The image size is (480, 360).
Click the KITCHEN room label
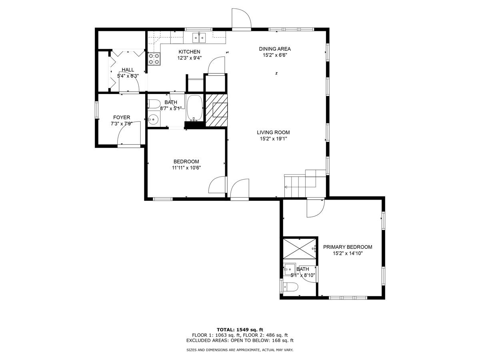[x=189, y=52]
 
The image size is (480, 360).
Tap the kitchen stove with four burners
[x=154, y=59]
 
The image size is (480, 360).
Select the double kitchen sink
[x=199, y=38]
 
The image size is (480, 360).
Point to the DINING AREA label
[x=275, y=49]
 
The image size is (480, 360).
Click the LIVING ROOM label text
[x=273, y=132]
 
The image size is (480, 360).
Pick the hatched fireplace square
[x=216, y=110]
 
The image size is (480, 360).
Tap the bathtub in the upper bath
[x=194, y=108]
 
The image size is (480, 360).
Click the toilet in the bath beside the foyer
[x=153, y=104]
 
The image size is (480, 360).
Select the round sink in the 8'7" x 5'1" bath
[x=153, y=119]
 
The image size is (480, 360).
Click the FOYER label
[x=122, y=117]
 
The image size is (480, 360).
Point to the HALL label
[x=128, y=70]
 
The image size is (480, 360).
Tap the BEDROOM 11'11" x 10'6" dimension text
[x=186, y=168]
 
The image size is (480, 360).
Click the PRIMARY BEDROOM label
[x=348, y=247]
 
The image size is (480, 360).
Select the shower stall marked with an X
[x=299, y=249]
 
